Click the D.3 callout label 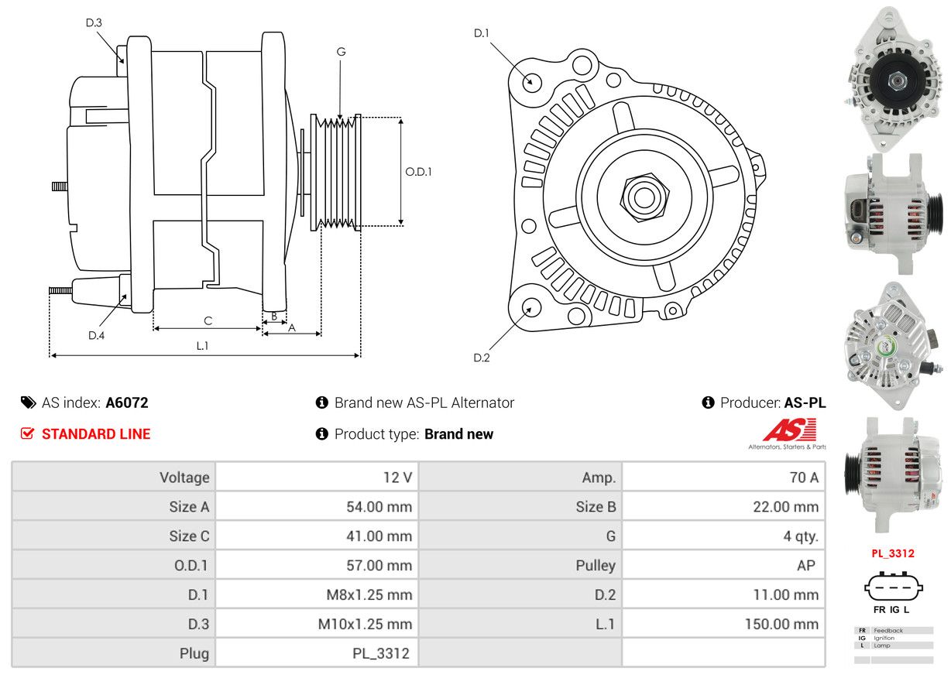[x=93, y=22]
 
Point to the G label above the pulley [x=341, y=52]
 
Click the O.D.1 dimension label [x=418, y=172]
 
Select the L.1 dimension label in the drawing [x=202, y=346]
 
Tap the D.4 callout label [x=96, y=335]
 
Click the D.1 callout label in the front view [x=482, y=33]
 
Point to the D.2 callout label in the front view [x=482, y=358]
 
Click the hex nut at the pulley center [x=641, y=197]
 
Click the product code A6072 [x=127, y=402]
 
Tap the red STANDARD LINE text [x=96, y=434]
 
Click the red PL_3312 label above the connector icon [x=893, y=553]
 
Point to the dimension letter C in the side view [x=208, y=320]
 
